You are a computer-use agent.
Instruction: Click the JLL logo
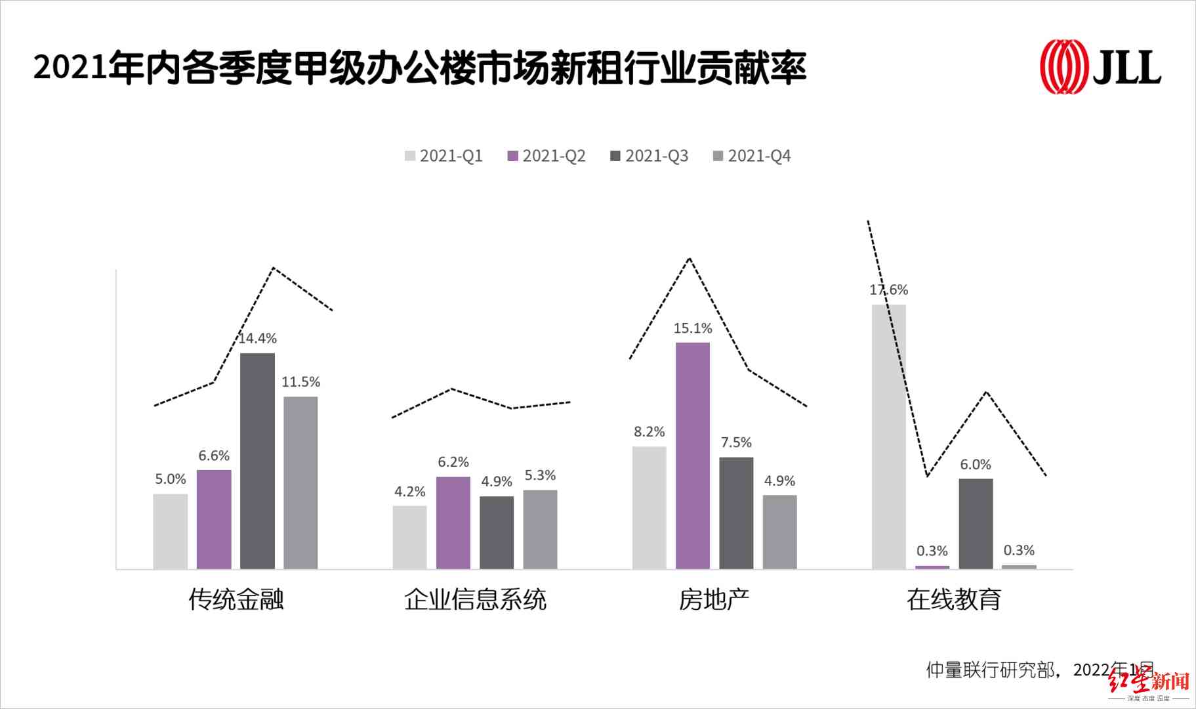[x=1100, y=66]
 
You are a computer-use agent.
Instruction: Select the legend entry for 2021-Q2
[x=546, y=156]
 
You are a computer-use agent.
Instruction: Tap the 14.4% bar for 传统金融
[x=257, y=461]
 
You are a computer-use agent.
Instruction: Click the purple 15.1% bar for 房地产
[x=693, y=456]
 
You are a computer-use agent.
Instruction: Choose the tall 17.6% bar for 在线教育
[x=888, y=437]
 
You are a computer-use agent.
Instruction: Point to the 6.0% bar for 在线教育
[x=976, y=523]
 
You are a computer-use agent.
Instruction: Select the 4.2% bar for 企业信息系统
[x=410, y=537]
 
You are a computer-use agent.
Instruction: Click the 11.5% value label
[x=300, y=382]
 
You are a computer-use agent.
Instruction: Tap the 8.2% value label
[x=649, y=432]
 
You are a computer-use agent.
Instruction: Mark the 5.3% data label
[x=540, y=475]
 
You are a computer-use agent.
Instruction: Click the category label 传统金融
[x=236, y=599]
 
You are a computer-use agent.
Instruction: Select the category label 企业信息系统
[x=475, y=599]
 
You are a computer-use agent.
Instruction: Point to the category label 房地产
[x=714, y=599]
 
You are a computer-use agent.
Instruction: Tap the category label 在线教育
[x=953, y=599]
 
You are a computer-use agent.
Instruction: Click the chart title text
[x=420, y=68]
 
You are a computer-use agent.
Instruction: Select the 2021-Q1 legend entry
[x=444, y=156]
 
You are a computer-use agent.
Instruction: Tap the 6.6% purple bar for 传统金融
[x=214, y=519]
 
